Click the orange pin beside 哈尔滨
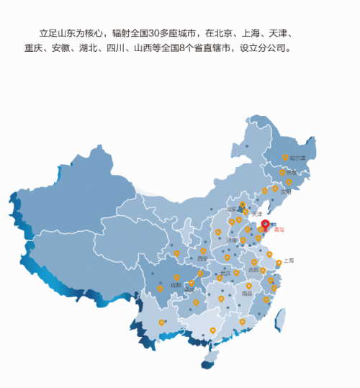pyautogui.click(x=284, y=156)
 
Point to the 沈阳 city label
pyautogui.click(x=287, y=191)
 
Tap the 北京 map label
pyautogui.click(x=232, y=209)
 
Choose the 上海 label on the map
pyautogui.click(x=288, y=260)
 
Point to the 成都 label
pyautogui.click(x=176, y=285)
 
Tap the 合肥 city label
pyautogui.click(x=253, y=269)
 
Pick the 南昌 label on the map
pyautogui.click(x=247, y=294)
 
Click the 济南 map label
pyautogui.click(x=231, y=240)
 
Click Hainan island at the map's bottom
pyautogui.click(x=207, y=364)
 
